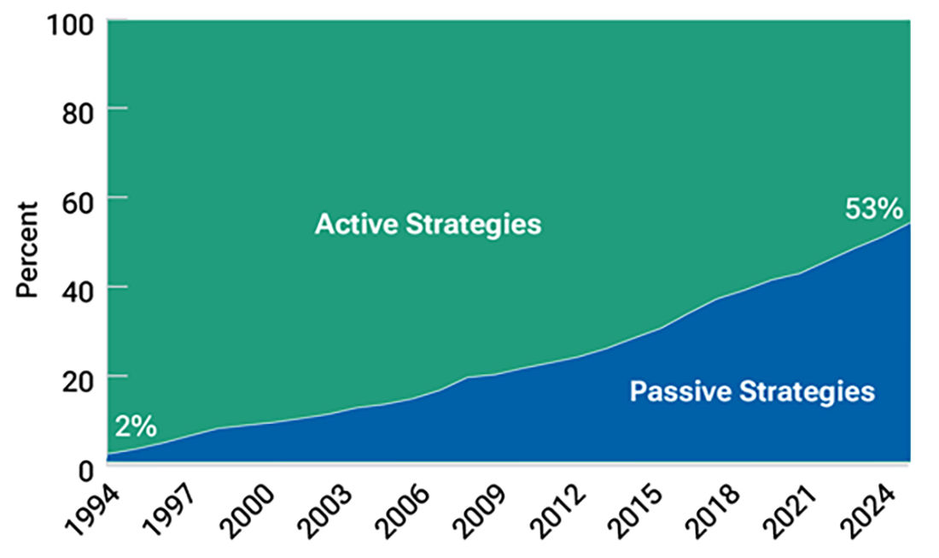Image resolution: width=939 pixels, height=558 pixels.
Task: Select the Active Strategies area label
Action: tap(428, 225)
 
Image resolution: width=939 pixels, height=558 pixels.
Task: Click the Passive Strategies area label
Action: tap(752, 391)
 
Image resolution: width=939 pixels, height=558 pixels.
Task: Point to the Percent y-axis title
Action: tap(28, 250)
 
